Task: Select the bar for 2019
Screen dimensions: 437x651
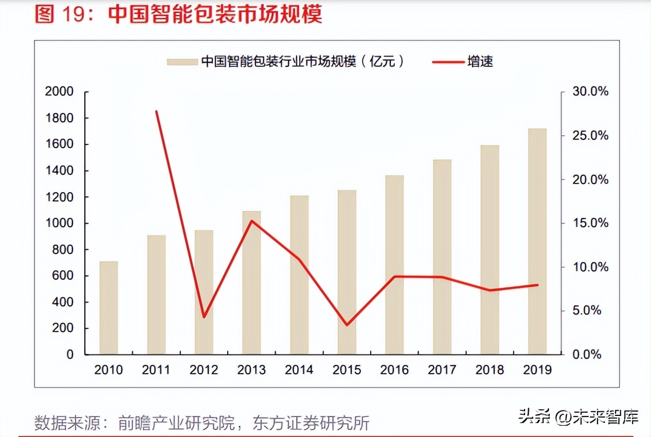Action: point(537,241)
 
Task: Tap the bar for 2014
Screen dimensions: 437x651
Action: point(299,275)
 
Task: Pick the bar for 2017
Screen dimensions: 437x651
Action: point(442,257)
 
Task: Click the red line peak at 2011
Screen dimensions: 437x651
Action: point(156,111)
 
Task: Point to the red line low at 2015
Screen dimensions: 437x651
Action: point(347,325)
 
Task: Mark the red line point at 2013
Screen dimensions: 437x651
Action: point(251,221)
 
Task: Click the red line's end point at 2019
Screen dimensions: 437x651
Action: point(537,285)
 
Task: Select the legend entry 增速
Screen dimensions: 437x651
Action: point(480,62)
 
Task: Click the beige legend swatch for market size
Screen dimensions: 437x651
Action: point(182,62)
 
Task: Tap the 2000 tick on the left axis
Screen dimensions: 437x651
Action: point(60,92)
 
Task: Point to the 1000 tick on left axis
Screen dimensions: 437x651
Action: point(60,224)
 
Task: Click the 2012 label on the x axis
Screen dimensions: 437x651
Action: point(204,370)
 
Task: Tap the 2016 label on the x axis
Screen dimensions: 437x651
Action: point(394,370)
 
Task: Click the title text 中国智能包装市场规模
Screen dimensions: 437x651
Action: point(215,14)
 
